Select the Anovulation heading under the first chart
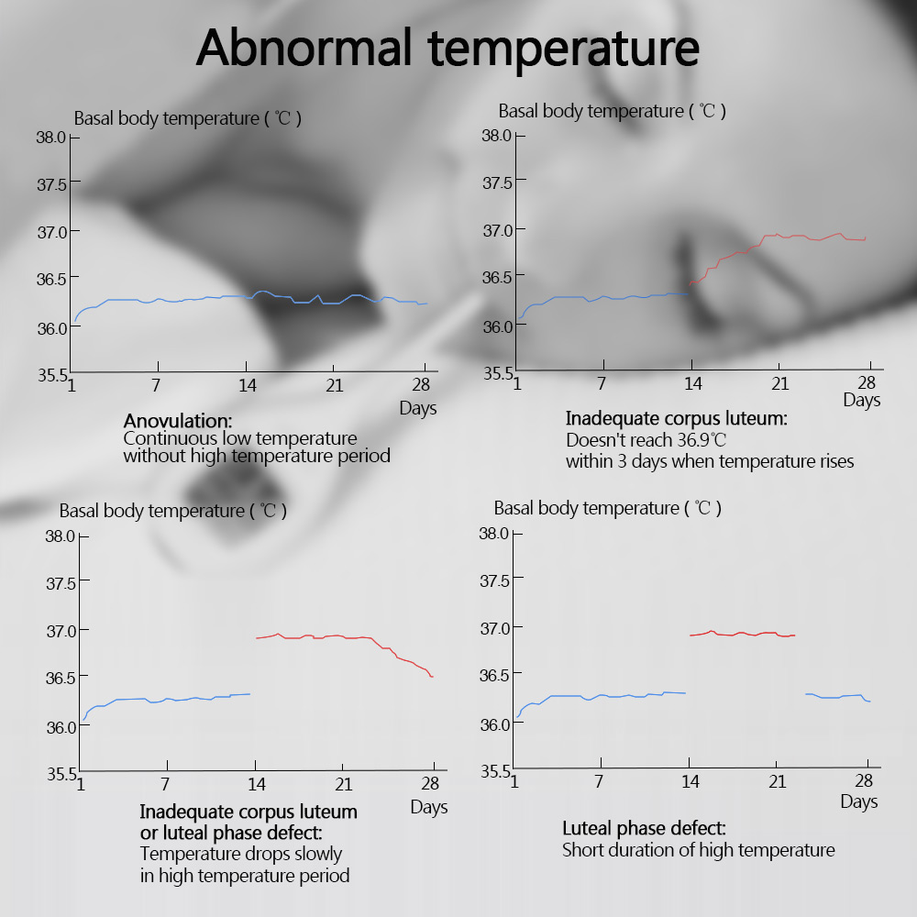[x=178, y=421]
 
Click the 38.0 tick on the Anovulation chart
[x=51, y=137]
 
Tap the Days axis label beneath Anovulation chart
[x=418, y=408]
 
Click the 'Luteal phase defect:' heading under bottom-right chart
[x=644, y=829]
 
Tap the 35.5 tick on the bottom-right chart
[x=496, y=770]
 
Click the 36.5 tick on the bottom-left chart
[x=61, y=677]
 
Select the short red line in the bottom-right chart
[x=743, y=634]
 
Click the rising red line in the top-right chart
[x=724, y=256]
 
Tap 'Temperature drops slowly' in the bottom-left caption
[x=241, y=854]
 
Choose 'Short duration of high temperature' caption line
[x=698, y=850]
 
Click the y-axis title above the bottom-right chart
[x=607, y=508]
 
